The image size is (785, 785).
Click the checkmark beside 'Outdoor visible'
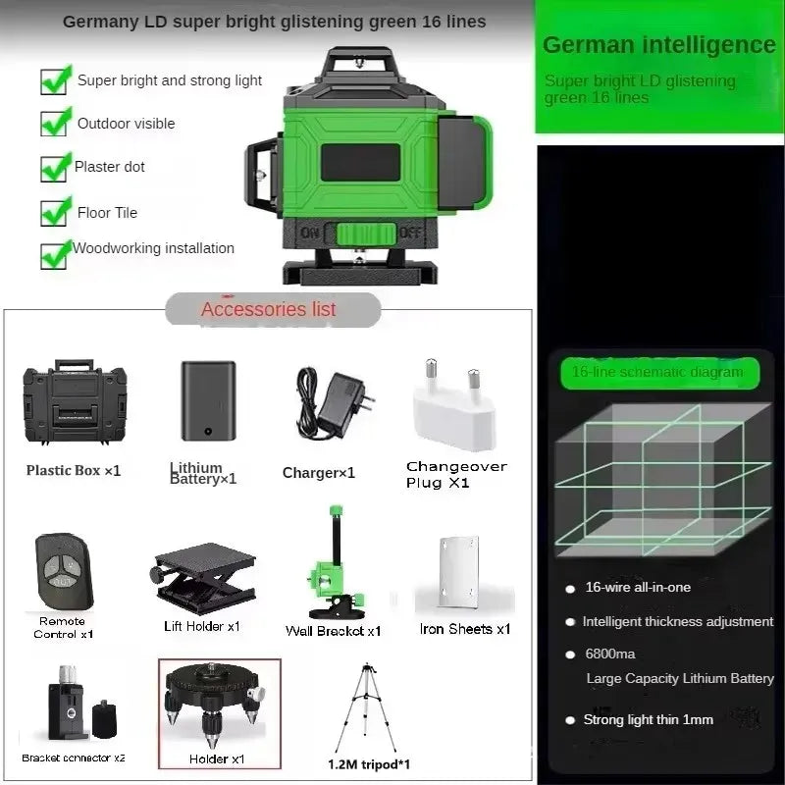pos(54,123)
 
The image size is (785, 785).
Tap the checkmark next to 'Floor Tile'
pos(54,211)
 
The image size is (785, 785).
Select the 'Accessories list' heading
pos(269,309)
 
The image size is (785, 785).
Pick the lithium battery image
pos(208,400)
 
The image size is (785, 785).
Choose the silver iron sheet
pos(459,573)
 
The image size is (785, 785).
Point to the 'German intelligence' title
pos(658,44)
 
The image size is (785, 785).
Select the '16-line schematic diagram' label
pos(657,372)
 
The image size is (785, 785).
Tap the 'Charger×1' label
pos(319,473)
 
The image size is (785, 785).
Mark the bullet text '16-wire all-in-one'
pos(638,587)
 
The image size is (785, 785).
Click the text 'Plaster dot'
pos(110,167)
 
